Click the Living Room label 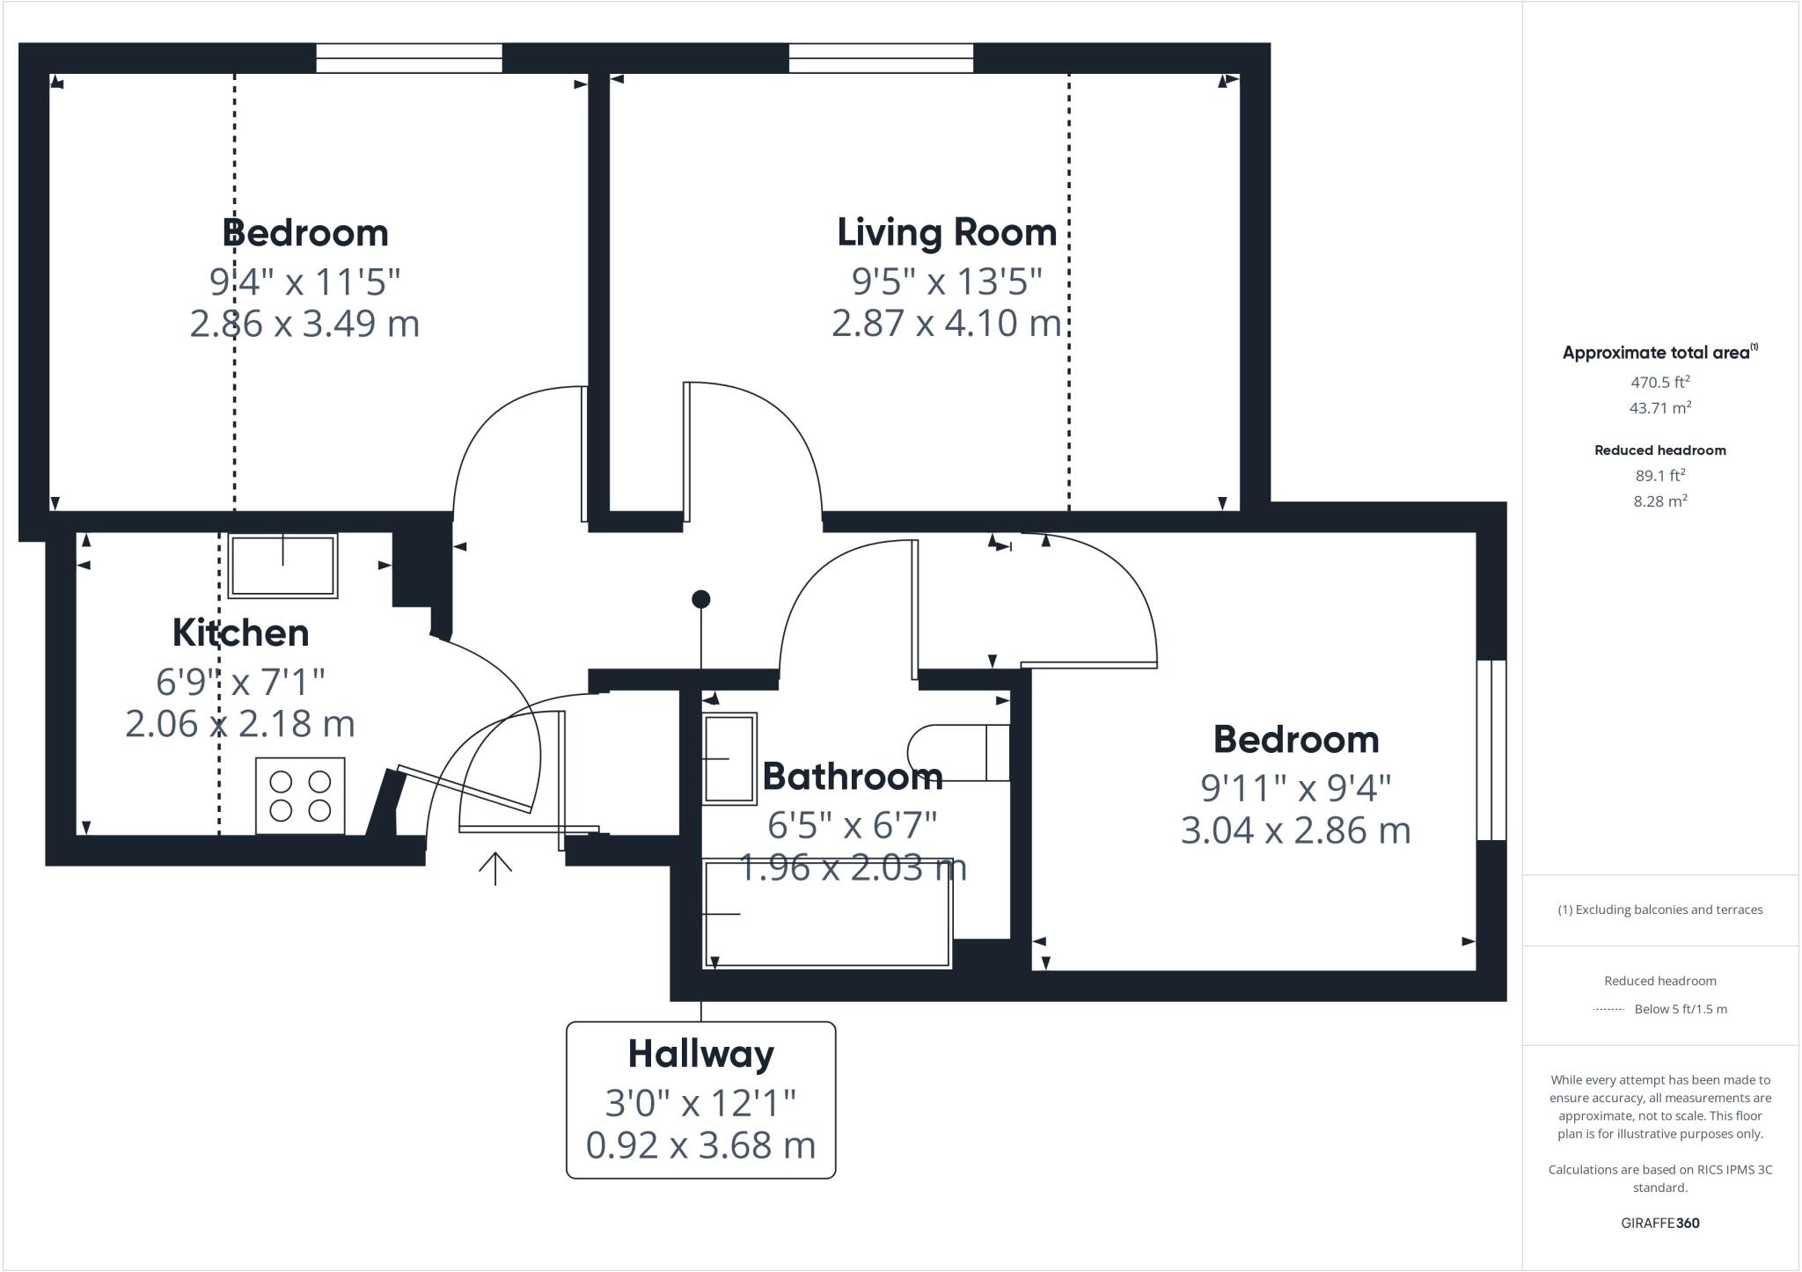click(947, 233)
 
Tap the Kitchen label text click(240, 633)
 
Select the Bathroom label click(852, 776)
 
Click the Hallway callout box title click(700, 1054)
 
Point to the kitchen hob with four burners click(300, 796)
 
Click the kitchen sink click(282, 566)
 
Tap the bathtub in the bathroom click(827, 914)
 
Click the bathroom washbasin click(729, 758)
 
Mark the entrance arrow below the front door click(495, 867)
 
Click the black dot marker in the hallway click(700, 600)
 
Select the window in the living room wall click(881, 58)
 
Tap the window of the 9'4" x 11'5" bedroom click(409, 58)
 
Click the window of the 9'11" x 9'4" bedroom click(1491, 750)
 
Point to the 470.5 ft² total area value click(1659, 383)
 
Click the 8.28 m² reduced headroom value click(1659, 501)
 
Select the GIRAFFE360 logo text click(1659, 1223)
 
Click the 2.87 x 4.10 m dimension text click(947, 323)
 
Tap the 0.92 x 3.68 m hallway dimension click(700, 1145)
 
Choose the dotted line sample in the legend click(1608, 1010)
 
